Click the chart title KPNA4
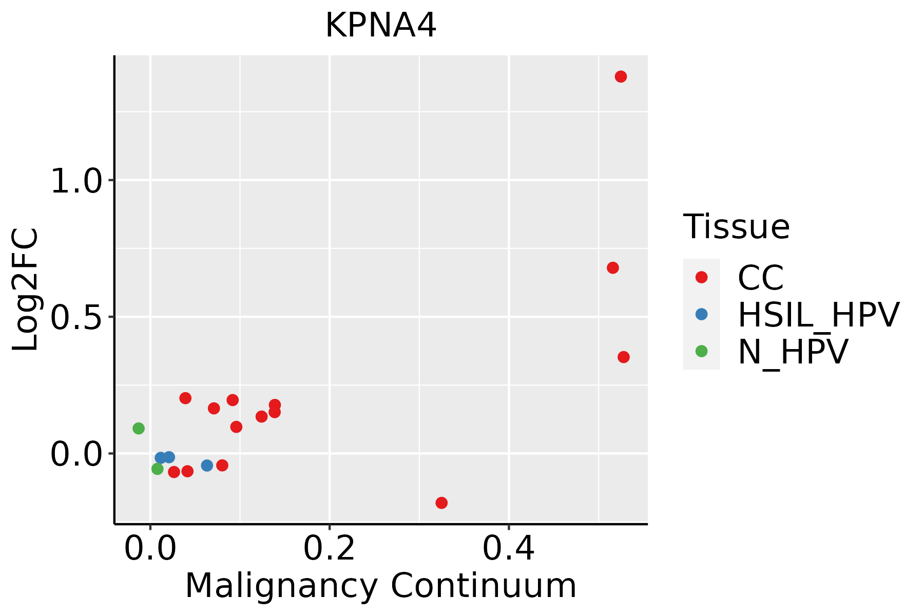coord(380,26)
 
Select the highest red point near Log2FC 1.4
coord(621,77)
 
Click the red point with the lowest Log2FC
coord(441,503)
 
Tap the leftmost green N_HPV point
coord(139,428)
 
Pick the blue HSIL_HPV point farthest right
coord(207,466)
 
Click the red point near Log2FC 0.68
coord(612,268)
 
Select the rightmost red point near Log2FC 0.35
coord(623,357)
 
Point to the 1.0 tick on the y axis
coord(77,181)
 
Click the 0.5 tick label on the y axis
coord(77,318)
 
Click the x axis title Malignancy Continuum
coord(380,586)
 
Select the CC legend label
coord(760,278)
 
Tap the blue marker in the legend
coord(701,314)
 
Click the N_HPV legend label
coord(793,352)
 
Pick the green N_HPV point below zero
coord(158,469)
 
